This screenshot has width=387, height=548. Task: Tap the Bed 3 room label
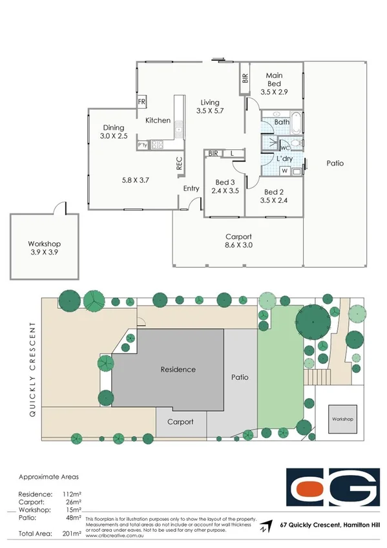(225, 182)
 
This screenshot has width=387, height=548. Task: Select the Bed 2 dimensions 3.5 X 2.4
(274, 200)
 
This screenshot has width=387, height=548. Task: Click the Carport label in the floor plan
(238, 237)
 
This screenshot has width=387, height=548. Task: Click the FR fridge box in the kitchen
(141, 102)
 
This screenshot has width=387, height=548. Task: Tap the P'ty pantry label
(142, 145)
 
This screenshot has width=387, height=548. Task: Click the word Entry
(191, 189)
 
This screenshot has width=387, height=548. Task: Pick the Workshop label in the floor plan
(44, 244)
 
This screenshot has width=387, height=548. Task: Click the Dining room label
(114, 127)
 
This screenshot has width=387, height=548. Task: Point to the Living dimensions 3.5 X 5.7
(209, 111)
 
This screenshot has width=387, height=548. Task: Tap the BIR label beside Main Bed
(245, 79)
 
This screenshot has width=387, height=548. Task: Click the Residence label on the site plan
(178, 370)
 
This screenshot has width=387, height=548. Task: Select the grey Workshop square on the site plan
(343, 419)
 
